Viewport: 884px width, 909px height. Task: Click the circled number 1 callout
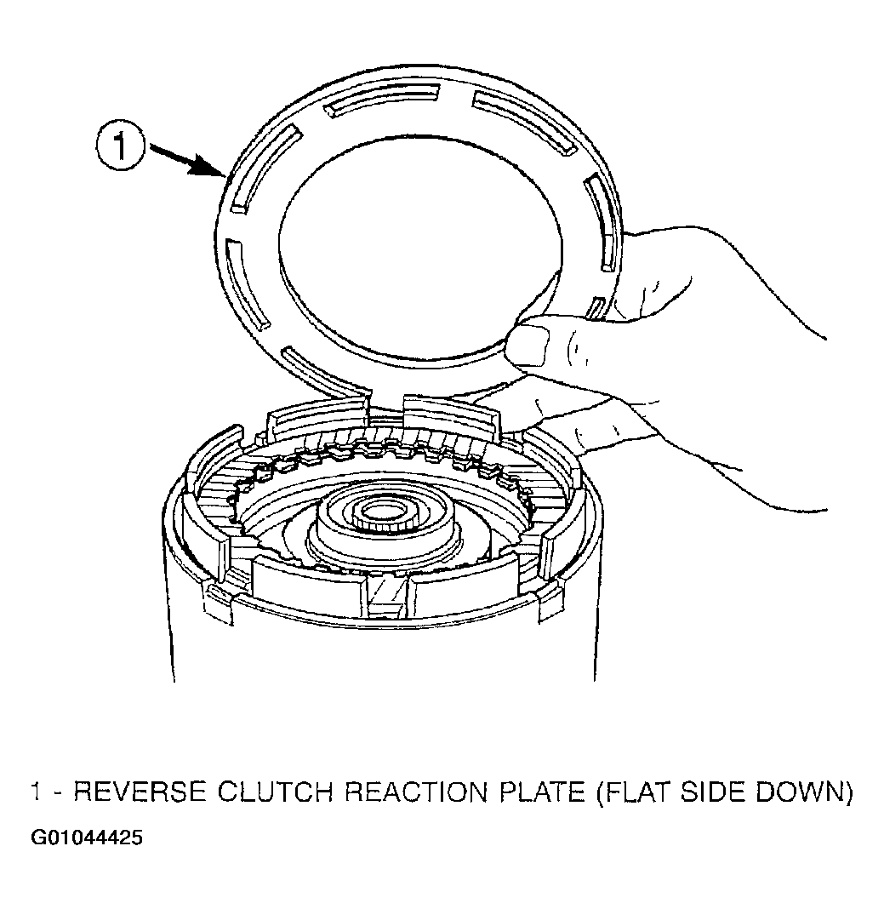point(119,146)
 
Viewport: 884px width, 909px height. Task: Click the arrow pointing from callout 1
point(185,160)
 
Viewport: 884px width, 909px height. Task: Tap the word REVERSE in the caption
point(140,792)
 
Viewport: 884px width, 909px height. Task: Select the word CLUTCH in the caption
point(275,792)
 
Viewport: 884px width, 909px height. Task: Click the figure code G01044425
point(87,838)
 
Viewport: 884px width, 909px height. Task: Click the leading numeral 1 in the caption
point(36,792)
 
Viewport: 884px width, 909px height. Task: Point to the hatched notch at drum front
point(387,598)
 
